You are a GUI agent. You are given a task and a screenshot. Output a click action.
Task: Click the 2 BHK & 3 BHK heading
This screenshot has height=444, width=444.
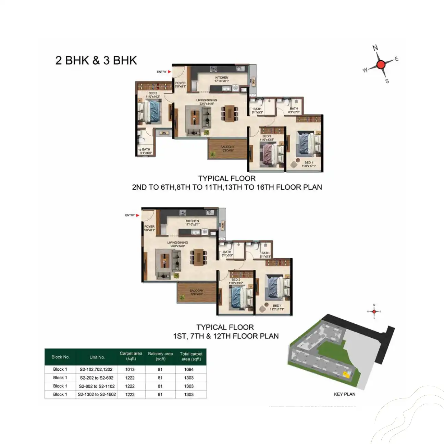coord(96,60)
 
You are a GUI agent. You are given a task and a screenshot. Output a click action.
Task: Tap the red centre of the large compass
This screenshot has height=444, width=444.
coord(381,64)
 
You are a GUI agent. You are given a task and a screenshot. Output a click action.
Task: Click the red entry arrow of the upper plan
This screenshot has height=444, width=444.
coord(169,72)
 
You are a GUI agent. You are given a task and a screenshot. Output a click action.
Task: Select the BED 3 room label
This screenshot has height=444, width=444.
coord(267,136)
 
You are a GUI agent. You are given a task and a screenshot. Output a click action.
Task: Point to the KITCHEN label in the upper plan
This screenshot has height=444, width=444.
coord(222,78)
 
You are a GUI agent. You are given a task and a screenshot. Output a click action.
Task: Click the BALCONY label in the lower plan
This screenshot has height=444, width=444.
coord(197,291)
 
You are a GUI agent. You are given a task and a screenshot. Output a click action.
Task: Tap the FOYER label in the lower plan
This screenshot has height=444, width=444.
coord(149,226)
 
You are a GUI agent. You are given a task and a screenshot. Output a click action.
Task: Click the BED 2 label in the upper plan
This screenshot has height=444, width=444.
coord(153,93)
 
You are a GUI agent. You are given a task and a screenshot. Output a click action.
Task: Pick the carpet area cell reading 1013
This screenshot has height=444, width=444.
coord(130,370)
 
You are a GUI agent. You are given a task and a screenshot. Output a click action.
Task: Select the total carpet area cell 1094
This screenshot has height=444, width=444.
coord(189,370)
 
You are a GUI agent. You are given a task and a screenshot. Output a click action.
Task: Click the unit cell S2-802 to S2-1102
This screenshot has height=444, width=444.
coord(97,386)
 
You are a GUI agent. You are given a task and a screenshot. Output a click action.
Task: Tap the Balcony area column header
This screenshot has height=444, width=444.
coord(160,356)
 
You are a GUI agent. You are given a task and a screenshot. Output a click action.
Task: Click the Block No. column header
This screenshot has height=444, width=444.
coord(60,357)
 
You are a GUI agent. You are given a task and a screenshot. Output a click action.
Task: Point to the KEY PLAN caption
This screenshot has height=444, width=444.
coord(345,394)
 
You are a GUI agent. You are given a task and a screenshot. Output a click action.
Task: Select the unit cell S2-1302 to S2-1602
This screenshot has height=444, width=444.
coord(97,395)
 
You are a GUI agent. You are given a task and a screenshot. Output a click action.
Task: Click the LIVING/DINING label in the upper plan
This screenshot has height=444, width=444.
coord(207,100)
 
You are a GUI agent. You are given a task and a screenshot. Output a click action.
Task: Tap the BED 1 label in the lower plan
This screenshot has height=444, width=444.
coord(277,306)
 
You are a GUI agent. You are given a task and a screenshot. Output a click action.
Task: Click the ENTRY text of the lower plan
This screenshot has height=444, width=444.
coord(130,215)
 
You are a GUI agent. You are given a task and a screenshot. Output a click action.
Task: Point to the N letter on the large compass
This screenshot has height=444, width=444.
coord(375,48)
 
